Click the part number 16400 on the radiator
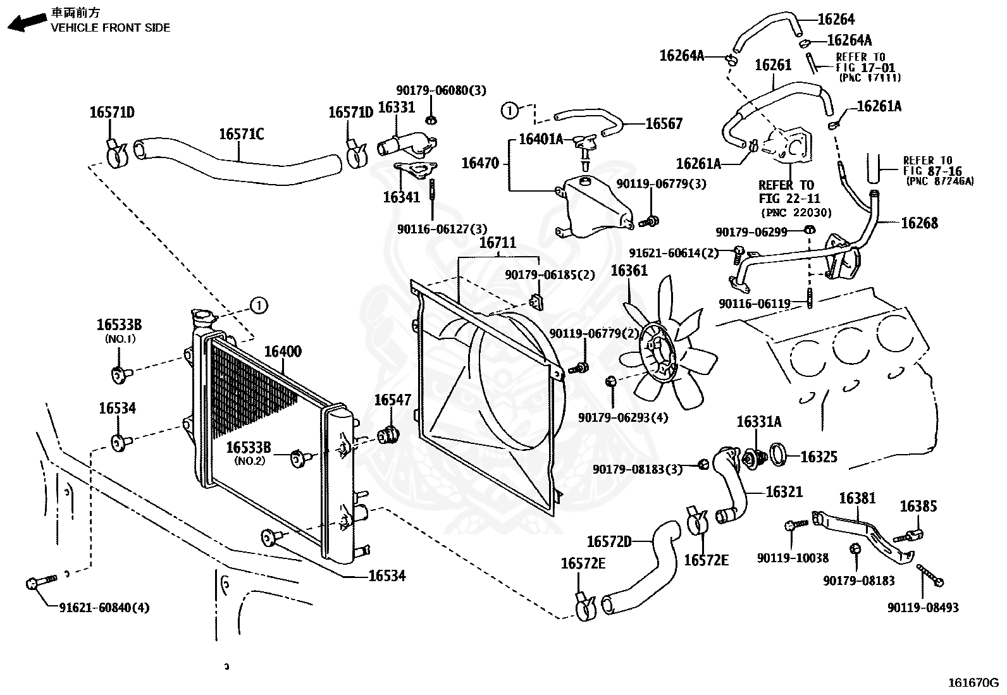click(x=282, y=352)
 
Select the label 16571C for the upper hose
click(x=241, y=134)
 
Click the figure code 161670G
click(x=972, y=683)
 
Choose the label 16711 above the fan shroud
click(x=497, y=243)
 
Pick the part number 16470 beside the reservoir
click(x=481, y=163)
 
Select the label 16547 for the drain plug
click(x=392, y=400)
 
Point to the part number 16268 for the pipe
click(x=919, y=223)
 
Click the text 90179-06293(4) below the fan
click(x=622, y=418)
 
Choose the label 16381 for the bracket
click(x=857, y=498)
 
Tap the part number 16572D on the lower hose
click(x=609, y=541)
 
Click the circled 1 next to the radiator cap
click(x=258, y=305)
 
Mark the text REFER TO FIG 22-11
click(x=786, y=192)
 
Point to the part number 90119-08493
click(x=922, y=608)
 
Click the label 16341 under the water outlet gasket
click(x=401, y=197)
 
